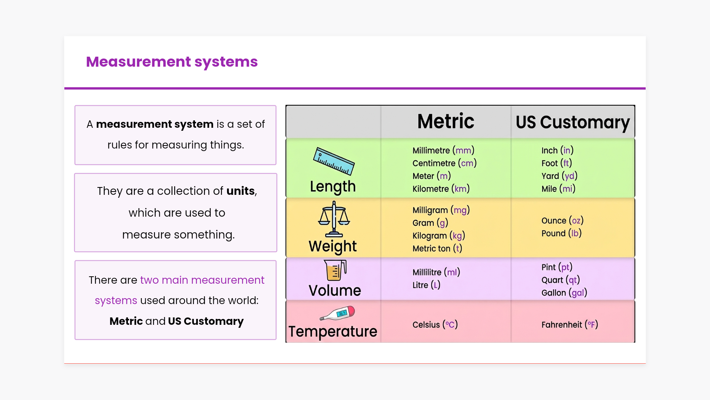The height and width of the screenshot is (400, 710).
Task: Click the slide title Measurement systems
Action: [x=172, y=62]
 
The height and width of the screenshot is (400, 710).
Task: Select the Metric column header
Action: [x=446, y=121]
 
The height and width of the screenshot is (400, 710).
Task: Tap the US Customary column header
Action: [x=572, y=122]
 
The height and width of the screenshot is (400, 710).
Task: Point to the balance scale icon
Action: [x=334, y=219]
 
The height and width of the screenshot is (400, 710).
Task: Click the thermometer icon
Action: [x=337, y=313]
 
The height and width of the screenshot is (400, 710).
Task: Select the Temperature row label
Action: [x=332, y=331]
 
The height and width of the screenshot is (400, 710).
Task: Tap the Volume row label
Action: [x=335, y=291]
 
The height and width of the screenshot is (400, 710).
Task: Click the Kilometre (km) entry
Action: [x=441, y=189]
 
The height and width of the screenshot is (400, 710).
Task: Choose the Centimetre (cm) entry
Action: [x=444, y=163]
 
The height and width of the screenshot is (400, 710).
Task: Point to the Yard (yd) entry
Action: [x=559, y=176]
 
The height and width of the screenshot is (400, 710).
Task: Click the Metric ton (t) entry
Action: [x=437, y=249]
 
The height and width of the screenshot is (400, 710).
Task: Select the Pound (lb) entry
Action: [x=561, y=233]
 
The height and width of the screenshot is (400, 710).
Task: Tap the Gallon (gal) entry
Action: [x=564, y=293]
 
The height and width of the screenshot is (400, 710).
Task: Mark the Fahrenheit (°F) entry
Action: [x=569, y=325]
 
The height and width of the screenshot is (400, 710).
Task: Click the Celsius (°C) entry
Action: [x=435, y=325]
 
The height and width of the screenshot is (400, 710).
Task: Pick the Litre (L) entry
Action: [x=426, y=285]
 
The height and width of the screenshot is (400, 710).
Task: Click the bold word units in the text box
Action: [x=240, y=191]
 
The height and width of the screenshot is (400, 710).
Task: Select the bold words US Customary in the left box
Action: [x=206, y=321]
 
